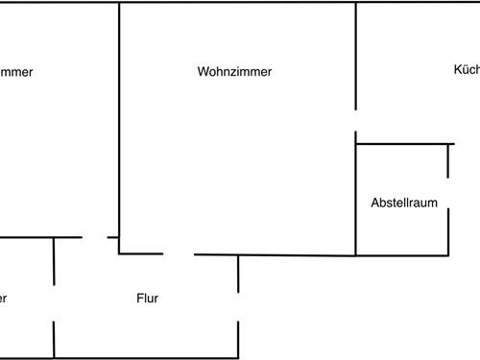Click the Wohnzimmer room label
pyautogui.click(x=234, y=72)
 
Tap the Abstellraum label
pyautogui.click(x=404, y=203)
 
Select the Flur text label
pyautogui.click(x=148, y=299)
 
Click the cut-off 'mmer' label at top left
pyautogui.click(x=17, y=72)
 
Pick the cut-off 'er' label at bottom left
pyautogui.click(x=4, y=299)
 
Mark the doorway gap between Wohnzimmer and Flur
pyautogui.click(x=179, y=254)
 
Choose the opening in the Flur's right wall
pyautogui.click(x=238, y=308)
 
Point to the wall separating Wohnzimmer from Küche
pyautogui.click(x=356, y=58)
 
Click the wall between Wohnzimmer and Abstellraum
pyautogui.click(x=356, y=202)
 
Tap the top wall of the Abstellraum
pyautogui.click(x=403, y=144)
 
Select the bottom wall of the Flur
pyautogui.click(x=144, y=357)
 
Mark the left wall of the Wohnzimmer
pyautogui.click(x=119, y=125)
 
